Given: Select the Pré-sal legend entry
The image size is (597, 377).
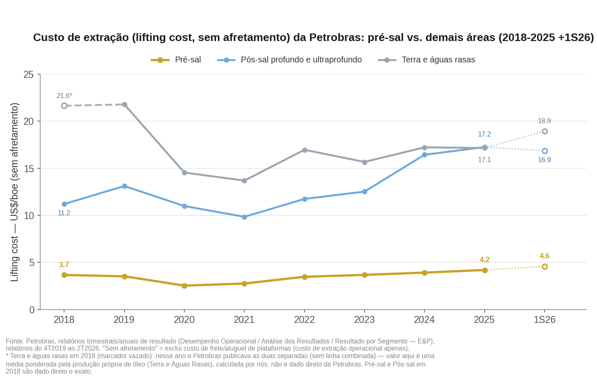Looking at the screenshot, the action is coord(176,59).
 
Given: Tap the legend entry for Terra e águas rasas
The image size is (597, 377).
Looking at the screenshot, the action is coord(426,59).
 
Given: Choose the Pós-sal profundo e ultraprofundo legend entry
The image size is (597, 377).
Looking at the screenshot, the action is coord(289,59).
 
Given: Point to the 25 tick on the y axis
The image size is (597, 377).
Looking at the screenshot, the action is coord(28,75).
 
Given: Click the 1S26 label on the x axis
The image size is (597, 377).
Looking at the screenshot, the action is coord(545,320).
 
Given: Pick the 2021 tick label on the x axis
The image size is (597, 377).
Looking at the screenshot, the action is coord(244,320).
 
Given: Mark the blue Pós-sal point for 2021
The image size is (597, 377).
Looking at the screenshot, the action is coord(244,217).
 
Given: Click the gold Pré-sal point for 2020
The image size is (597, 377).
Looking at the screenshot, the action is coord(184,286).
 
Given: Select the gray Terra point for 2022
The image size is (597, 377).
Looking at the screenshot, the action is coord(305,150).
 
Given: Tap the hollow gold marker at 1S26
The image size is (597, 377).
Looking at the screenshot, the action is coord(545,267).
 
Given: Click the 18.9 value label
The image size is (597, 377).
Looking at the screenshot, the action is coord(544,121).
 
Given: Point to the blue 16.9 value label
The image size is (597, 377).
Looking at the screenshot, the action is coord(544,160).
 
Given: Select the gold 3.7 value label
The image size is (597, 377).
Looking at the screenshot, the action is coord(64,265).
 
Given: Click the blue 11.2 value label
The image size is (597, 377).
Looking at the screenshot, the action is coord(64,213).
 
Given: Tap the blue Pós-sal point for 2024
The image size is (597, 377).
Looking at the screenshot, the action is coord(424,155).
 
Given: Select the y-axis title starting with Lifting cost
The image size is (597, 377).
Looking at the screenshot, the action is coord(14,192).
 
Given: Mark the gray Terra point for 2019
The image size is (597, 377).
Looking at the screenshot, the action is coord(124,104).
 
